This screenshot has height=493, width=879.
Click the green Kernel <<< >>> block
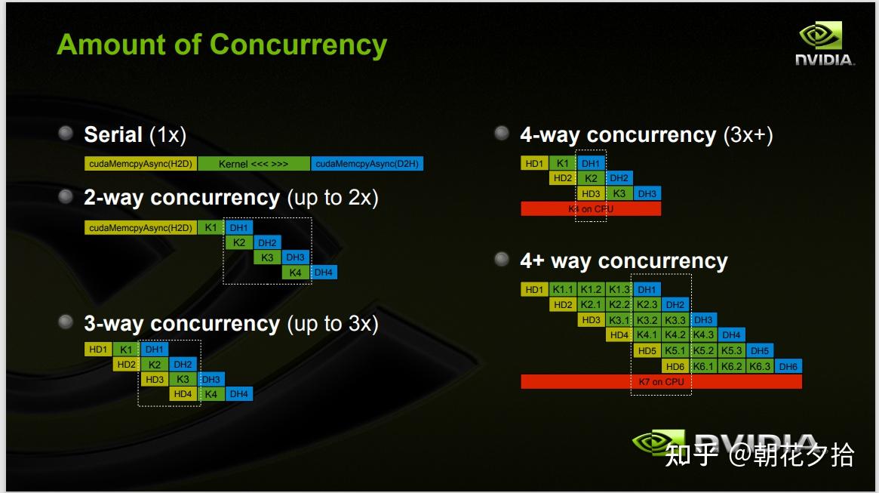pyautogui.click(x=254, y=164)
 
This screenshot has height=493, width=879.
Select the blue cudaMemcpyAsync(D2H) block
pyautogui.click(x=367, y=164)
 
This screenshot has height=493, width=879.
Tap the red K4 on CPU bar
pyautogui.click(x=591, y=208)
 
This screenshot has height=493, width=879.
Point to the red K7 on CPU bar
pyautogui.click(x=661, y=381)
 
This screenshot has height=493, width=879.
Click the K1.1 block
pyautogui.click(x=563, y=290)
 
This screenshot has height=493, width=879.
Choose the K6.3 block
pyautogui.click(x=759, y=366)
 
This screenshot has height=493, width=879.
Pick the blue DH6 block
pyautogui.click(x=788, y=366)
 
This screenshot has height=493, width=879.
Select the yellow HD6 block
pyautogui.click(x=675, y=366)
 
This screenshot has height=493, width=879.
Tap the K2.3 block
pyautogui.click(x=647, y=305)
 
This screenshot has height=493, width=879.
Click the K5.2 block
pyautogui.click(x=703, y=351)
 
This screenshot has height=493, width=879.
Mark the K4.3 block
pyautogui.click(x=703, y=335)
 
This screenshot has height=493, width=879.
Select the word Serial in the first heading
pyautogui.click(x=113, y=135)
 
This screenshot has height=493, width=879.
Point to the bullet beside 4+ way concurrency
pyautogui.click(x=502, y=260)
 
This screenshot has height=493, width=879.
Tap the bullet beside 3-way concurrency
pyautogui.click(x=66, y=322)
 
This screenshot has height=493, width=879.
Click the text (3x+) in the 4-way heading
pyautogui.click(x=748, y=135)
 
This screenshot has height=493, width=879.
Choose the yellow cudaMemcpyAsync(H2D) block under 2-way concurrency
pyautogui.click(x=140, y=227)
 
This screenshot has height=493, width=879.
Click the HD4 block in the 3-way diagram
pyautogui.click(x=183, y=393)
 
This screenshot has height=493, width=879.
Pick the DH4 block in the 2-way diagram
pyautogui.click(x=324, y=273)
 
